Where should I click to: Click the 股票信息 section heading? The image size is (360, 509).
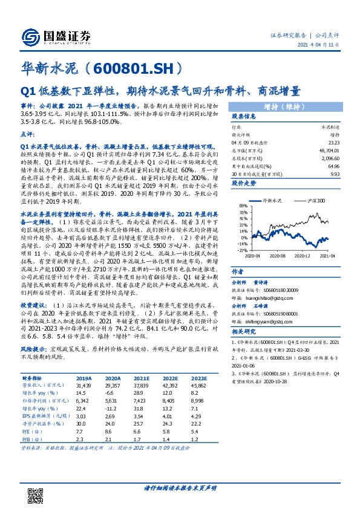coord(244,115)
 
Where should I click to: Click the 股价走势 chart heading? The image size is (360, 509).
coord(244,182)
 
